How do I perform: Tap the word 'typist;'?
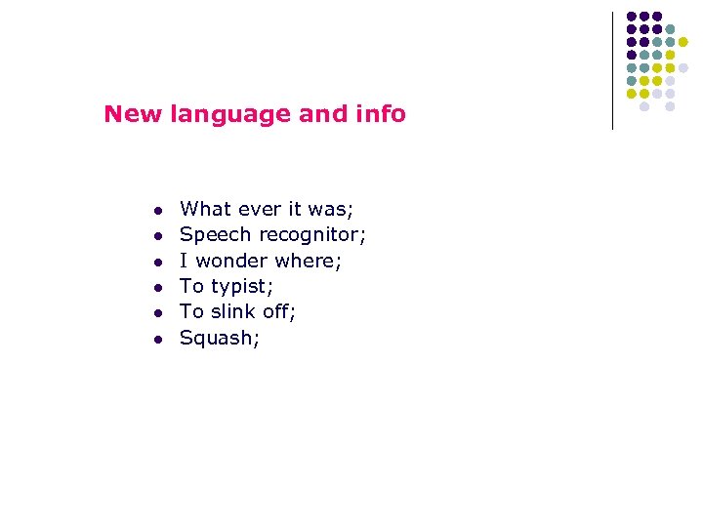pyautogui.click(x=243, y=287)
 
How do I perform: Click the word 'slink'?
pyautogui.click(x=234, y=312)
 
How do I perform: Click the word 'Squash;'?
pyautogui.click(x=220, y=339)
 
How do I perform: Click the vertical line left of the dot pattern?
pyautogui.click(x=612, y=70)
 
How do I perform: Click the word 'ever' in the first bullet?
pyautogui.click(x=257, y=209)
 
